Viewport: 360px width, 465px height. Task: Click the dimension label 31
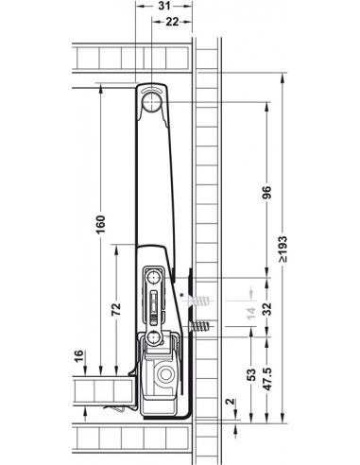(164, 6)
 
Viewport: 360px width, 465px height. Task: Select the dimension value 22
(172, 22)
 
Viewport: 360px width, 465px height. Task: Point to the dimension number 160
(100, 224)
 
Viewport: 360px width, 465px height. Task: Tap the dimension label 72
(116, 309)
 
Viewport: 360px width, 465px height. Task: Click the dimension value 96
(266, 193)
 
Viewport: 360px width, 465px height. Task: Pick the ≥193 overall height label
(283, 249)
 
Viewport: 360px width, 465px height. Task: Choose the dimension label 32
(266, 309)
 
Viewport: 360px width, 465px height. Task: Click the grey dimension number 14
(251, 313)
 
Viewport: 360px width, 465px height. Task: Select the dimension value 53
(251, 374)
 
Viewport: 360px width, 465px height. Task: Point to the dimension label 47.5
(266, 379)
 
